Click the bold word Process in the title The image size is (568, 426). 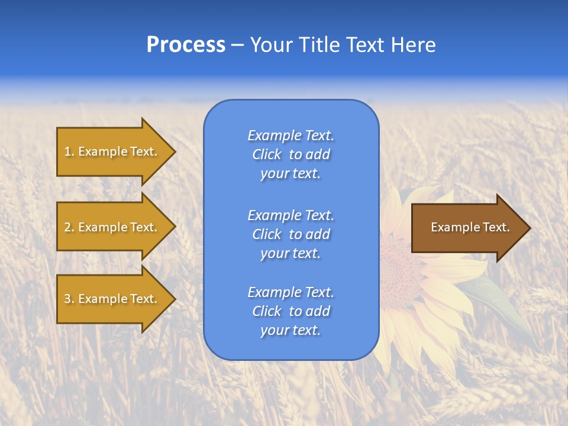186,44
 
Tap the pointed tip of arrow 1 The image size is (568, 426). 174,151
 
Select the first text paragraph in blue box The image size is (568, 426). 291,154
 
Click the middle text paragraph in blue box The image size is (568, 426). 291,234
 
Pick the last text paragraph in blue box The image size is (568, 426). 291,311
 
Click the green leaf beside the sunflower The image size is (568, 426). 497,302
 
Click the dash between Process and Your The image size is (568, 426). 237,45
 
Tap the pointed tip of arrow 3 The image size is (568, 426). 174,299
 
